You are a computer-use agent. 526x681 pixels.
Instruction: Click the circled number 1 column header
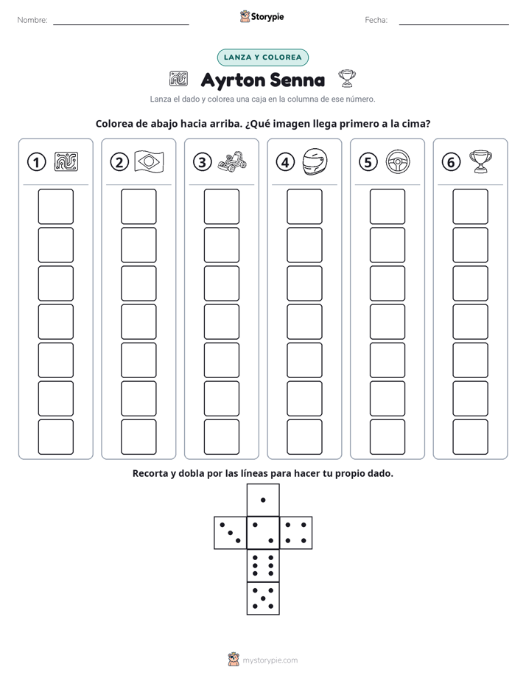[36, 162]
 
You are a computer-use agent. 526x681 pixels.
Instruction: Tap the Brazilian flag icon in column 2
[150, 161]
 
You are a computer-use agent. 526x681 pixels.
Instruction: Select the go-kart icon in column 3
[232, 161]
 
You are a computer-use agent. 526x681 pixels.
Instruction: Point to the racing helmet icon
[315, 161]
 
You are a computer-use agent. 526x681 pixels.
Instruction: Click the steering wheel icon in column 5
[398, 161]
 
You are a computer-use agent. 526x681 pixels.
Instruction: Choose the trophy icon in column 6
[480, 161]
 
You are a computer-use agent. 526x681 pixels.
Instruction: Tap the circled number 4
[285, 162]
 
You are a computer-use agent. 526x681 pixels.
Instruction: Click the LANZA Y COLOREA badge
[262, 57]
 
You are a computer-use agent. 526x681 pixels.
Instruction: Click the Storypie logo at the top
[262, 17]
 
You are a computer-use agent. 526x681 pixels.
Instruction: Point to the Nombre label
[32, 20]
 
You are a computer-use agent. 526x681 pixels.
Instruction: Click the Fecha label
[376, 20]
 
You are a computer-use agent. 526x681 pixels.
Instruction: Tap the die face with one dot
[263, 500]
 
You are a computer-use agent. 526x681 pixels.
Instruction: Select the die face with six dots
[263, 565]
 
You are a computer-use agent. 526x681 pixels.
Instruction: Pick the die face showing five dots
[263, 598]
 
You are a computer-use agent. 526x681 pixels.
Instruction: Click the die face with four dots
[296, 533]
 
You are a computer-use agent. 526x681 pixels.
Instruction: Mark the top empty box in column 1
[55, 206]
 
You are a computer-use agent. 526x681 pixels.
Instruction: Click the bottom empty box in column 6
[470, 437]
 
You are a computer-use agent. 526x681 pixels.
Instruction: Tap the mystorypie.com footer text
[270, 660]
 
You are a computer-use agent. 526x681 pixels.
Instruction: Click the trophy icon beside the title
[347, 78]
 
